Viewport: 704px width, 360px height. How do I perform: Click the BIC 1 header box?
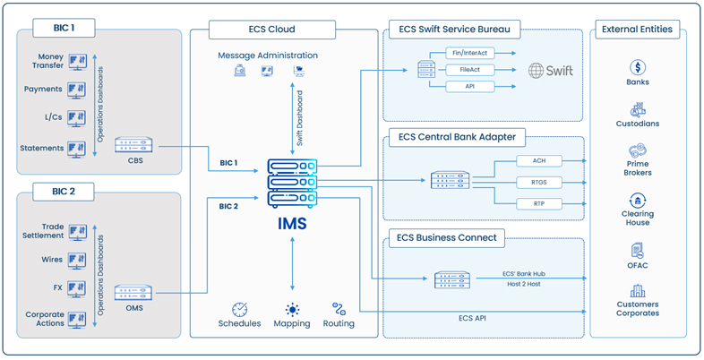(x=59, y=30)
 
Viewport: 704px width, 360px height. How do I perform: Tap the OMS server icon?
(x=133, y=293)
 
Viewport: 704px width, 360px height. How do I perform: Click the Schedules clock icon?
(x=239, y=310)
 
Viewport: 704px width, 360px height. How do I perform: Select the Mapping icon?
(x=292, y=310)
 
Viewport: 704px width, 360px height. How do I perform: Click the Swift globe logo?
(x=537, y=70)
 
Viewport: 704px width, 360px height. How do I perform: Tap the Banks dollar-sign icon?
(x=638, y=67)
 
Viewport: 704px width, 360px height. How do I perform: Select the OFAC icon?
(x=638, y=251)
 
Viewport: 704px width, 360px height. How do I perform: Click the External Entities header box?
(x=637, y=29)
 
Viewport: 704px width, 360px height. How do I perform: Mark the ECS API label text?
(x=484, y=317)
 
